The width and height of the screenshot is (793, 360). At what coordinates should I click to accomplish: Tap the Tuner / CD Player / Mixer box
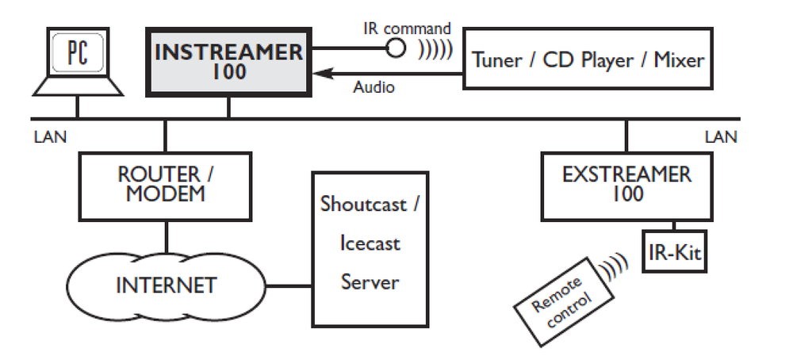[587, 59]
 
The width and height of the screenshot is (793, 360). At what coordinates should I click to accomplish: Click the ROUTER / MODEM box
[167, 186]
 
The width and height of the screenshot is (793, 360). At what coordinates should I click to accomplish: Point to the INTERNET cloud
[167, 284]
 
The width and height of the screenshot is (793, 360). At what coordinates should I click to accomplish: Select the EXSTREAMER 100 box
[626, 184]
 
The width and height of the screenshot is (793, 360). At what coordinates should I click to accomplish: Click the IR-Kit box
[672, 253]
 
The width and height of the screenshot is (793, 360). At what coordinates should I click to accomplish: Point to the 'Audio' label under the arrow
[373, 88]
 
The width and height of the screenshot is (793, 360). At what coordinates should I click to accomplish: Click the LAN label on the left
[50, 136]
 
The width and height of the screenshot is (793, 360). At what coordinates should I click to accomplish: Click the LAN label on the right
[720, 136]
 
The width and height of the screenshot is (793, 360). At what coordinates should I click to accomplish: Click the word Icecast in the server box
[370, 243]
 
